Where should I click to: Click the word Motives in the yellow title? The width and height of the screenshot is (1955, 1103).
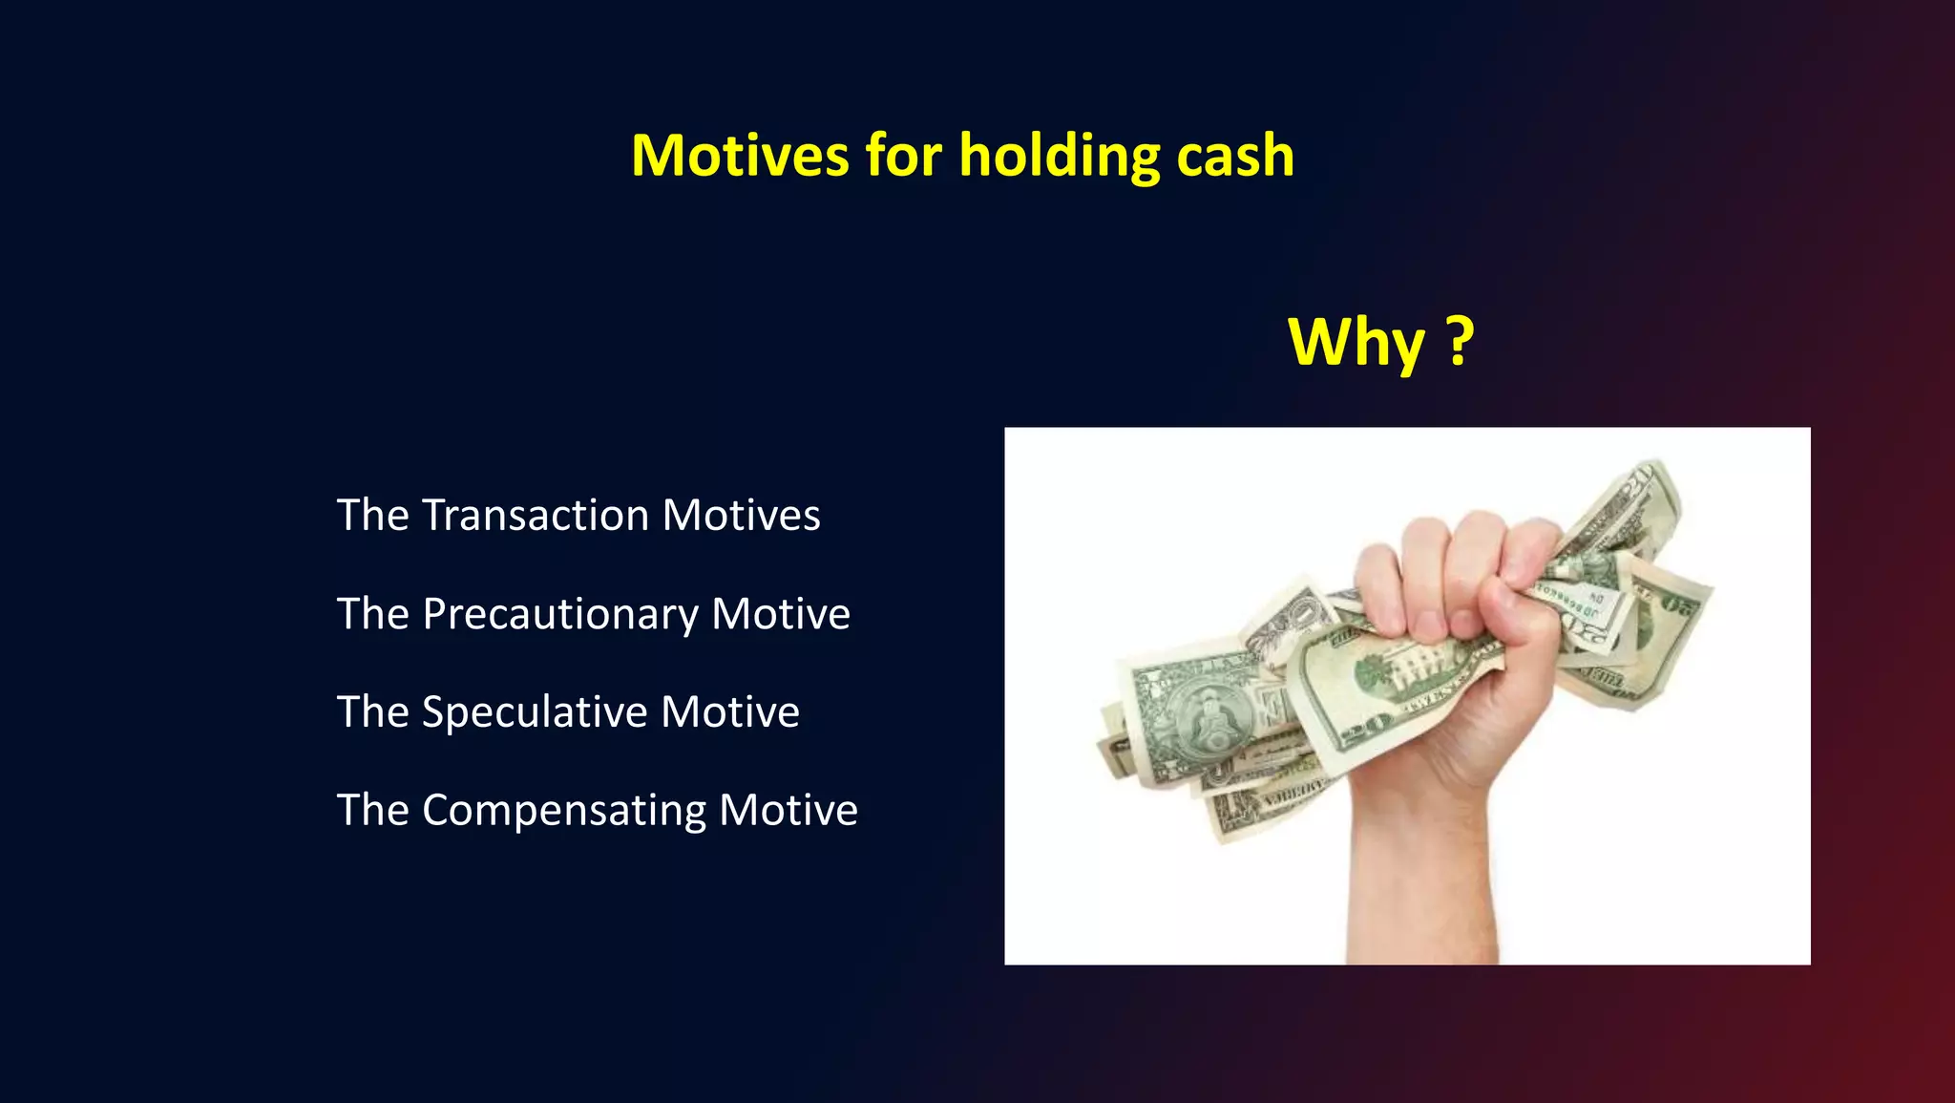tap(740, 156)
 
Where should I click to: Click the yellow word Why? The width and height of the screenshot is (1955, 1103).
tap(1356, 342)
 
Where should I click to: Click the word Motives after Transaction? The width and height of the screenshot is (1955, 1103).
tap(741, 516)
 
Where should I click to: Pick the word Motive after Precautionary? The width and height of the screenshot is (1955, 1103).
tap(780, 614)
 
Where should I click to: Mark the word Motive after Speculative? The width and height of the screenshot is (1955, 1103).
tap(729, 712)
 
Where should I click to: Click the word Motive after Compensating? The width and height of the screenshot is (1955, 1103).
tap(788, 811)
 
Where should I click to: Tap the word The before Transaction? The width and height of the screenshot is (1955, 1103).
tap(372, 516)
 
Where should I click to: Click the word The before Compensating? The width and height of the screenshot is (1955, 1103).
tap(372, 811)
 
